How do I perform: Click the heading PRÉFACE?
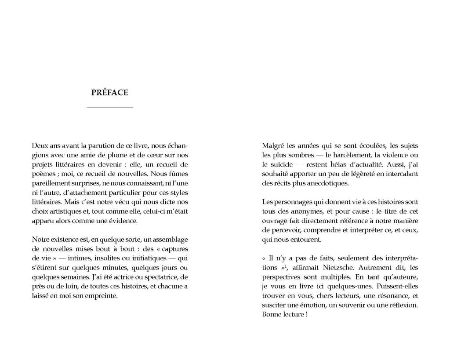109,93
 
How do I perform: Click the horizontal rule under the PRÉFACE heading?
110,107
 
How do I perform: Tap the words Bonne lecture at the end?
282,315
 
